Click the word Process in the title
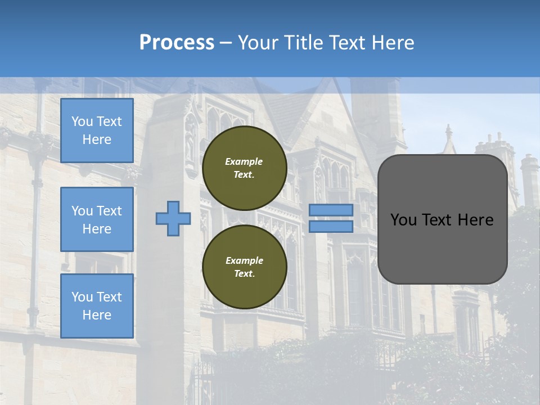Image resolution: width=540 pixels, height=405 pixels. (177, 43)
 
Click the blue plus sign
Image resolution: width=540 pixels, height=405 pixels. (173, 219)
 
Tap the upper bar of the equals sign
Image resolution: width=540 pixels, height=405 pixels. (331, 210)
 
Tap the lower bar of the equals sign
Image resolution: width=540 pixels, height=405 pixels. (331, 227)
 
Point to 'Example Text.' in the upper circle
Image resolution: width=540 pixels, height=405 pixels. (244, 168)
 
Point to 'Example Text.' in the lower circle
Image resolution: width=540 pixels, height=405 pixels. (244, 267)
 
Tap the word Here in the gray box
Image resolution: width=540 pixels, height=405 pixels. (476, 220)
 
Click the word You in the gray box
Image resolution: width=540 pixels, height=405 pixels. (404, 220)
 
